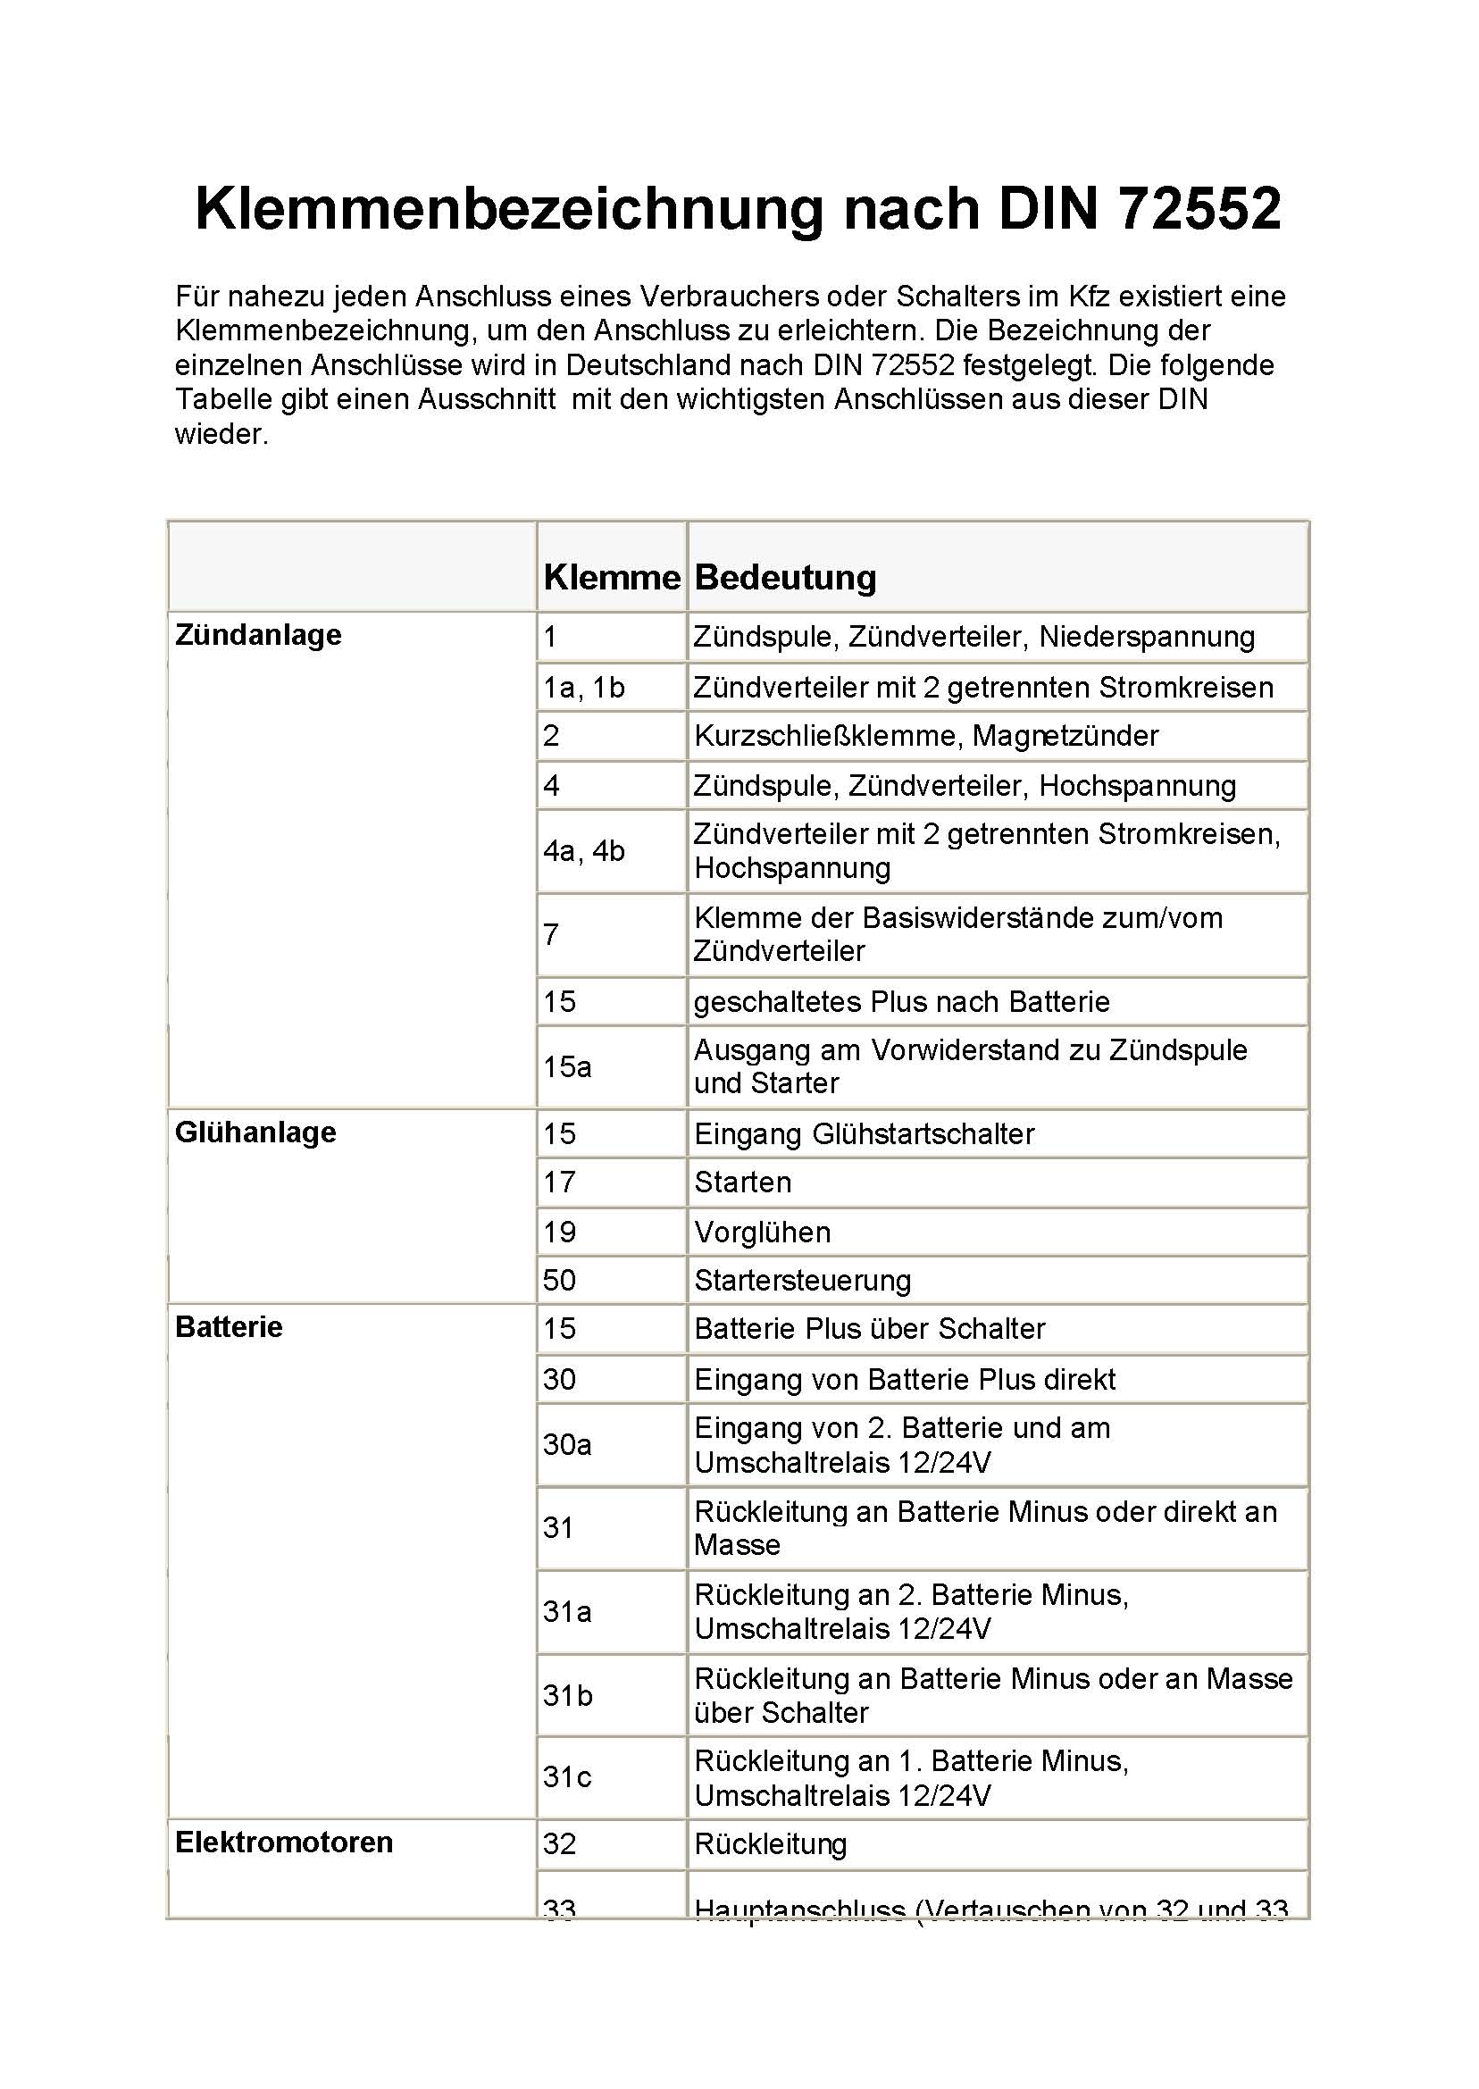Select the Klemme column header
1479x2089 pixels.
[x=611, y=577]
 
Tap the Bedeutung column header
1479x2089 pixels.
[x=785, y=577]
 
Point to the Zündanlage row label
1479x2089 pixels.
[x=258, y=635]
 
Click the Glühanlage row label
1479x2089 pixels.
[x=255, y=1132]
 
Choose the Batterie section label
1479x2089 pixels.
[x=229, y=1327]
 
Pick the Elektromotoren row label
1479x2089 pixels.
[x=283, y=1842]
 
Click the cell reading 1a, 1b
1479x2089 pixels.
[x=584, y=688]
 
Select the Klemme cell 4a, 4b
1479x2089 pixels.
[x=584, y=850]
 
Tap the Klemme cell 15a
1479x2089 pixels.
[x=567, y=1066]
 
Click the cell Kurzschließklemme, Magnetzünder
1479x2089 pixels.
[x=925, y=736]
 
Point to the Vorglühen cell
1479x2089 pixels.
[x=762, y=1233]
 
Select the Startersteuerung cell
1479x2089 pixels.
[x=801, y=1281]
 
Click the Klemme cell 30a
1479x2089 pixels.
[x=567, y=1444]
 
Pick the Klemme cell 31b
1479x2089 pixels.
[x=567, y=1696]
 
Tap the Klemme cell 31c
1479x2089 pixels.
[x=566, y=1776]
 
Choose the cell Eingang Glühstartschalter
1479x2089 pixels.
[x=864, y=1133]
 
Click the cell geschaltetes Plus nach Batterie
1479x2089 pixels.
[x=902, y=1002]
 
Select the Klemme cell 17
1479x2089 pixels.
[x=559, y=1182]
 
